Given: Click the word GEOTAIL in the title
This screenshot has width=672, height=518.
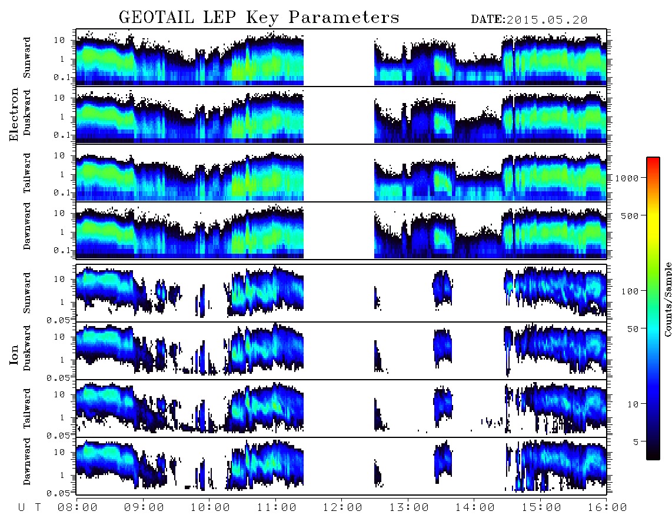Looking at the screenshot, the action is point(156,17).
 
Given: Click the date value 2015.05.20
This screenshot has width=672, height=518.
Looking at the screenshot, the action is point(547,20).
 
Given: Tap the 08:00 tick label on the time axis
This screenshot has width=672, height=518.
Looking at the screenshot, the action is point(78,507).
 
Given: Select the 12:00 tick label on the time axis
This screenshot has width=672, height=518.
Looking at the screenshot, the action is point(342,507).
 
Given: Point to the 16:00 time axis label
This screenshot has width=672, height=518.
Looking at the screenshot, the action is point(607,507).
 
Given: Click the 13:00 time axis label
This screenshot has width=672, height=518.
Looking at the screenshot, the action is point(409,507).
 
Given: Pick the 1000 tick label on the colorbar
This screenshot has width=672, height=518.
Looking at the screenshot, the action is point(627,178).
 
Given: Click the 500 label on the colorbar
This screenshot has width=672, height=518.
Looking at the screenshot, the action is point(630,215).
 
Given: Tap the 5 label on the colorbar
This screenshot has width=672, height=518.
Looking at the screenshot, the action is point(636,441).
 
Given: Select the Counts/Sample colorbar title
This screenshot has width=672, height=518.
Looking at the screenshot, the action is point(667,299).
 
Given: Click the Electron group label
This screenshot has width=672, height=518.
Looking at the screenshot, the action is point(14,115).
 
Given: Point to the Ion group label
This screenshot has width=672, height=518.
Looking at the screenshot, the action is point(14,354).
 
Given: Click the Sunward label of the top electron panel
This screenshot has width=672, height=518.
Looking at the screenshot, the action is point(27,58).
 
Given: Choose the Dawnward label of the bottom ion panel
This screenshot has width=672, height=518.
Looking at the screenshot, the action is point(27,461).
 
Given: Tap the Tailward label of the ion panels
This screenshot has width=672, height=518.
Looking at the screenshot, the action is point(27,409).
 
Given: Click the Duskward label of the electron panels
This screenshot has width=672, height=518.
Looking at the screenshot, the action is point(27,112).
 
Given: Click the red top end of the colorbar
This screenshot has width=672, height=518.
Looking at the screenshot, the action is point(653,159).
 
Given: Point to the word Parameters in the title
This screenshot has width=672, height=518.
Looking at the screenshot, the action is point(344,17).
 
